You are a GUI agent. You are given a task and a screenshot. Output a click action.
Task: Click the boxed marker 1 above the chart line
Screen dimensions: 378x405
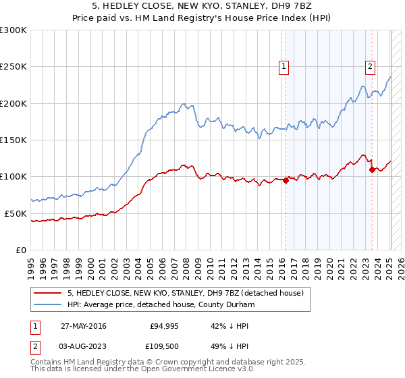click(284, 66)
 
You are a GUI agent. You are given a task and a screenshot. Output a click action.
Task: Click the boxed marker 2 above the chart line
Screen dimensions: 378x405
click(371, 66)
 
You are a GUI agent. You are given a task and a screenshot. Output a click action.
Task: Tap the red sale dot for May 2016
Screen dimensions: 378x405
click(286, 180)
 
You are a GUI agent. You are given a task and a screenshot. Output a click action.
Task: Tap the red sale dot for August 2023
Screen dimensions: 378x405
click(372, 169)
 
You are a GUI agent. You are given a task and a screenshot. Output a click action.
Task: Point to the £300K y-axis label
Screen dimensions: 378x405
click(13, 30)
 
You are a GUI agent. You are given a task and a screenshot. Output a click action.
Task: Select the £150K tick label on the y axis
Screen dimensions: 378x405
click(13, 140)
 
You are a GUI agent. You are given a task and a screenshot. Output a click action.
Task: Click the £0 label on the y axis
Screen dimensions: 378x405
click(21, 250)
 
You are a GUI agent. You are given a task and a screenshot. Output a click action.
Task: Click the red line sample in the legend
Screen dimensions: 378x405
click(47, 293)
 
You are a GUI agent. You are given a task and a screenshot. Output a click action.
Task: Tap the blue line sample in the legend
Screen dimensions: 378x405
click(47, 304)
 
